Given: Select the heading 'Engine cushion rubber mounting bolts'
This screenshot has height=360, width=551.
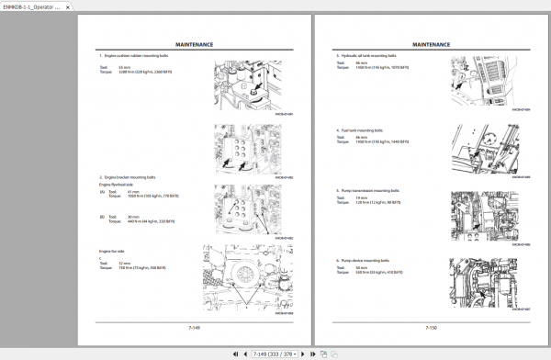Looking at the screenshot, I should point(136,57).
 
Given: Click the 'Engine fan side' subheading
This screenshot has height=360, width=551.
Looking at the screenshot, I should point(113,250).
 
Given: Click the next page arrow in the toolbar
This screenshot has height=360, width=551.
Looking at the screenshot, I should point(314,352).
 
